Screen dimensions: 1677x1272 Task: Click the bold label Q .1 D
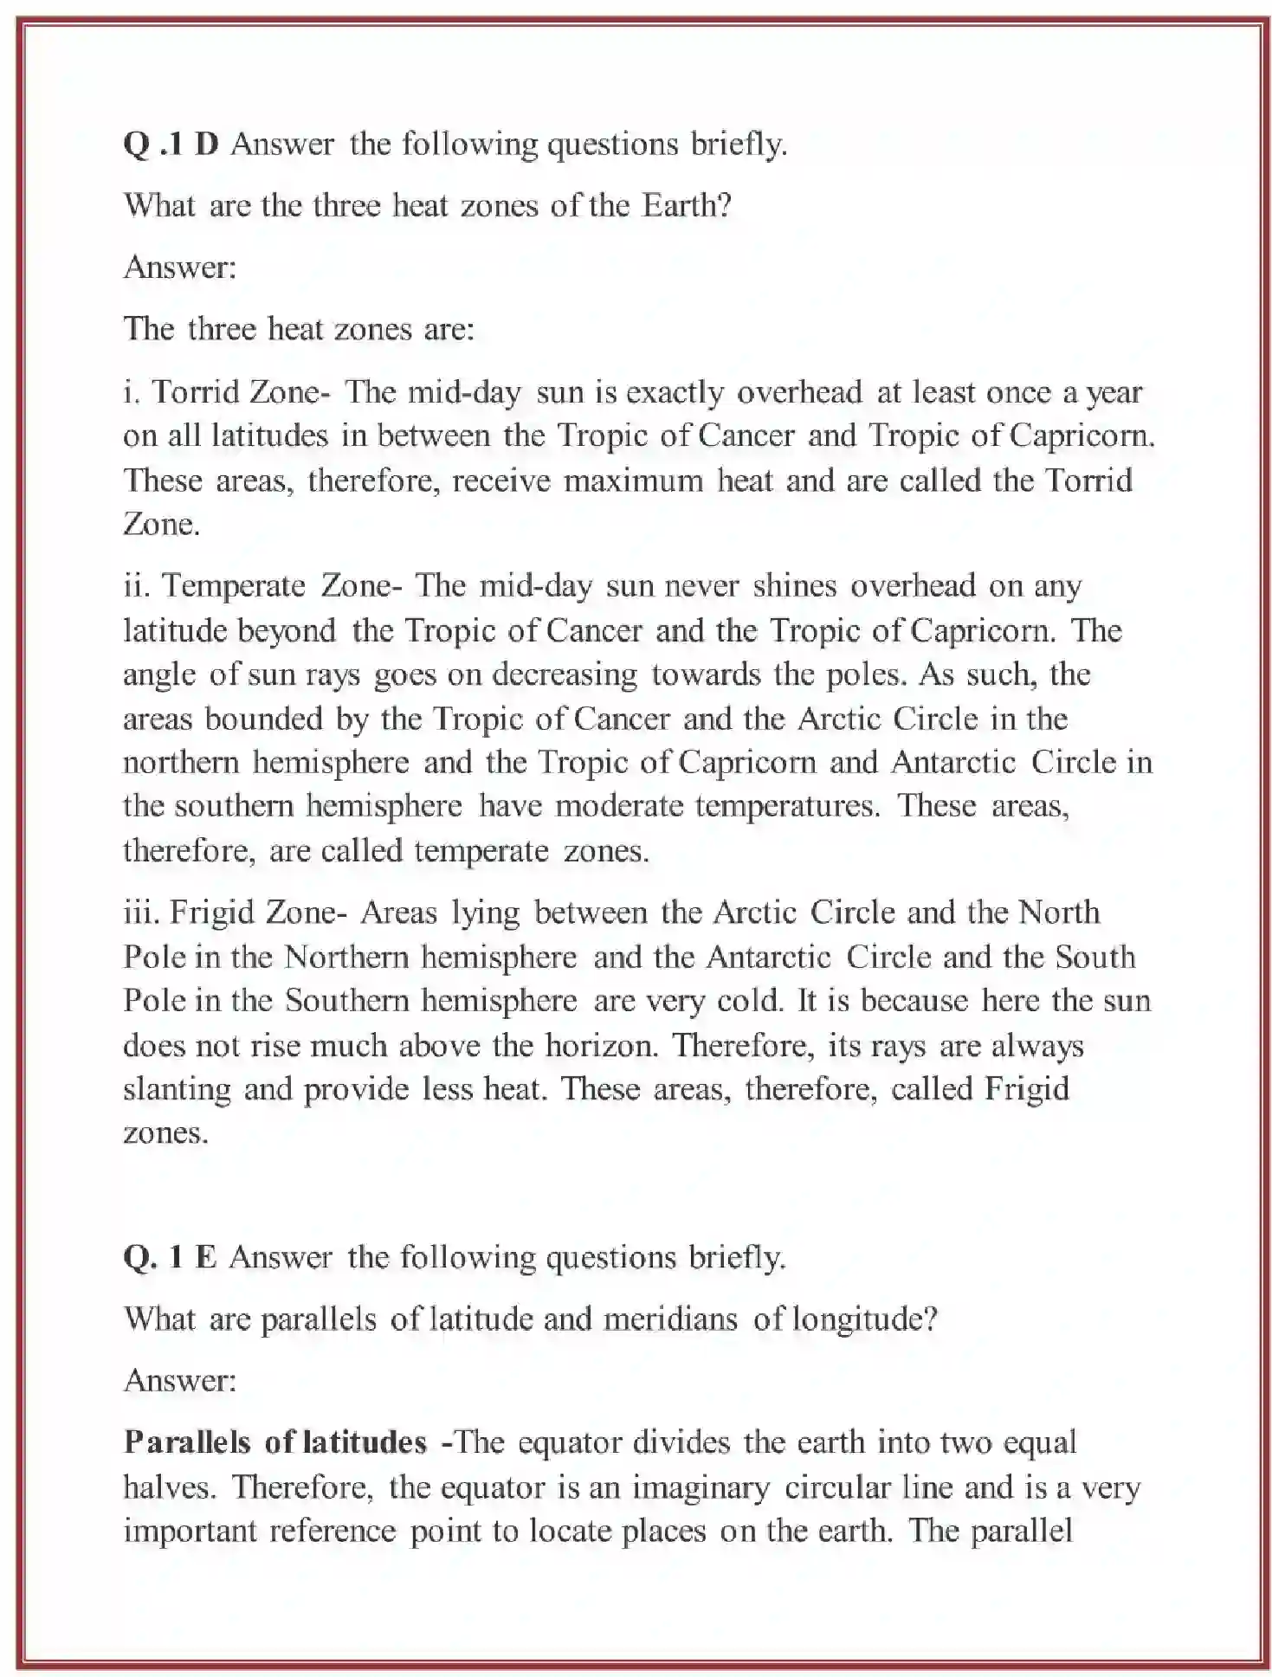pos(171,144)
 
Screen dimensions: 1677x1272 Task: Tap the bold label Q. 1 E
pos(170,1257)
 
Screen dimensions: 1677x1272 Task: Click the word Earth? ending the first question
pos(687,205)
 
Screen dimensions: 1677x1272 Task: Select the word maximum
pos(633,481)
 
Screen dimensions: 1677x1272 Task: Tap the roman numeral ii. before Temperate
pos(138,586)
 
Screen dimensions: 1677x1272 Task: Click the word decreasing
pos(565,674)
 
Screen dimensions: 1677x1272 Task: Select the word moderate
pos(619,806)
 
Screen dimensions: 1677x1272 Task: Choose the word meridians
pos(670,1319)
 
